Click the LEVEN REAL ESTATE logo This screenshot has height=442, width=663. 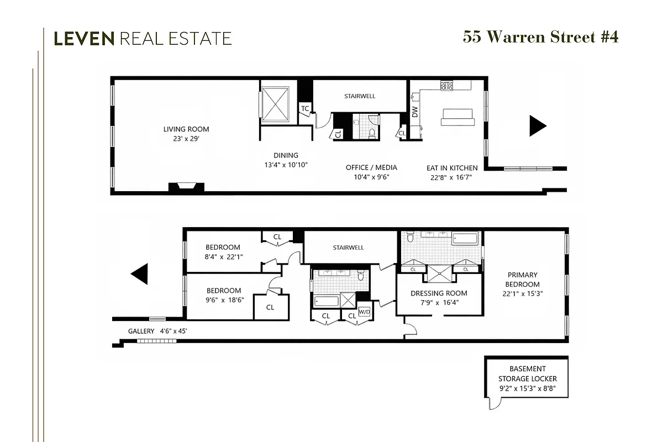[x=143, y=38]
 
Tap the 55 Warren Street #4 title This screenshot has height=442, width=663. [x=540, y=37]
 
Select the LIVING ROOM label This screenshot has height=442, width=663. [x=186, y=129]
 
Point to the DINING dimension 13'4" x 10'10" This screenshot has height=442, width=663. [x=286, y=165]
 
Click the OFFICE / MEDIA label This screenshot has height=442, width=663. [x=371, y=167]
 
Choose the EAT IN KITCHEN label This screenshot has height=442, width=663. [x=452, y=167]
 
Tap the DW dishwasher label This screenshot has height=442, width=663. [x=415, y=112]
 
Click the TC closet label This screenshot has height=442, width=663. [x=304, y=108]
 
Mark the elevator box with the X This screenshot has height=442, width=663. [x=275, y=103]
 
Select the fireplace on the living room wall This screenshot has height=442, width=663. [x=186, y=188]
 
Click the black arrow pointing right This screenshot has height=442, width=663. [x=537, y=126]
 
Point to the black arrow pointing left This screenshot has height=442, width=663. [x=140, y=273]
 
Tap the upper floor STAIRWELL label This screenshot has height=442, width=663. [x=360, y=96]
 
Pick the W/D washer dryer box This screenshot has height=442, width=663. [x=365, y=311]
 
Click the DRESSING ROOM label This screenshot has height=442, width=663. [x=439, y=293]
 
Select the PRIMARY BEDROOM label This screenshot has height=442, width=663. [x=523, y=279]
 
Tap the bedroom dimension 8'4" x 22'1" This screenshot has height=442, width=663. [x=224, y=256]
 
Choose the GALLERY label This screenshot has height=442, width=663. [x=141, y=331]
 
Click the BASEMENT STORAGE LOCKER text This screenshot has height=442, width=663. [x=527, y=373]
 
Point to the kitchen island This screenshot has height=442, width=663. [x=457, y=117]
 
